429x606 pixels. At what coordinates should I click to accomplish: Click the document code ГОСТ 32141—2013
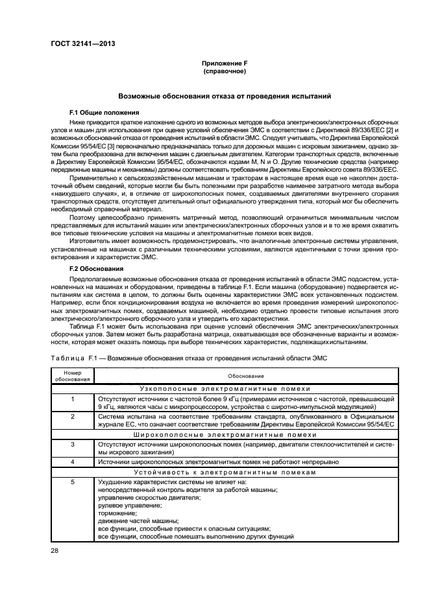point(79,45)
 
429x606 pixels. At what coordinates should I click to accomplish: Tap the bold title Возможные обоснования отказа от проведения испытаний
point(225,96)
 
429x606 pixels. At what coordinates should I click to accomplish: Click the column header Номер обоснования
point(73,375)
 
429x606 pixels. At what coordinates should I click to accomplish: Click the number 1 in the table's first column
point(73,398)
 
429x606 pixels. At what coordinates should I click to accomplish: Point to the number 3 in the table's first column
point(73,444)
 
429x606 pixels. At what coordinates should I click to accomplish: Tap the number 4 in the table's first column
point(73,461)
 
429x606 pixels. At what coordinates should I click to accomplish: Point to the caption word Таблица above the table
point(64,358)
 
